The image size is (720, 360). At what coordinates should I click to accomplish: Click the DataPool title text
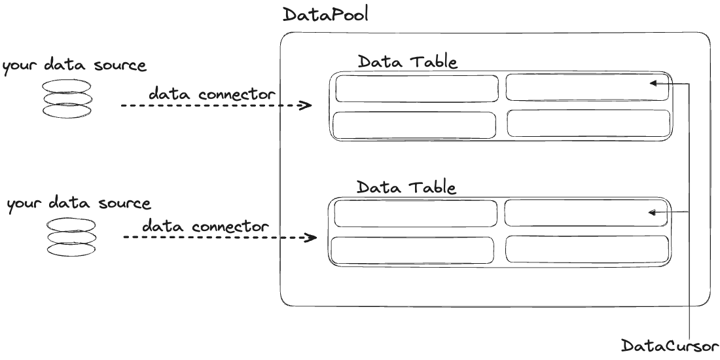tap(325, 14)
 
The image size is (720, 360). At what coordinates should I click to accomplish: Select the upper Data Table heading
tap(407, 62)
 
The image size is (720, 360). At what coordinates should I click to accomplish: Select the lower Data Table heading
tap(406, 187)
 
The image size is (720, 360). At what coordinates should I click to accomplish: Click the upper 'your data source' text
tap(75, 66)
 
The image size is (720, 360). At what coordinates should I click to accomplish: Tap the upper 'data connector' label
tap(212, 94)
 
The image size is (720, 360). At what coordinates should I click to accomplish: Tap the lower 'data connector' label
tap(206, 226)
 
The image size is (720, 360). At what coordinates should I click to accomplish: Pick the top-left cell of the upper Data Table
tap(416, 88)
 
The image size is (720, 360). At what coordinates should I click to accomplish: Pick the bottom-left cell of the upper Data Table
tap(414, 125)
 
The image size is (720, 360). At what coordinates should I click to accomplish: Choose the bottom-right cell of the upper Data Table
tap(588, 124)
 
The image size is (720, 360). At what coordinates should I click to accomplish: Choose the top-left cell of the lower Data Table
tap(415, 213)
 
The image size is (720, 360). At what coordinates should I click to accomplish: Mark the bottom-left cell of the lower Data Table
tap(412, 250)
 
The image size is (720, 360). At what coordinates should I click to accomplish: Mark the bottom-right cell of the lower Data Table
tap(587, 249)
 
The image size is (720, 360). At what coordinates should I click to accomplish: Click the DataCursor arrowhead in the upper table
tap(654, 84)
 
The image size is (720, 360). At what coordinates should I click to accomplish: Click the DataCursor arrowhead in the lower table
tap(652, 212)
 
